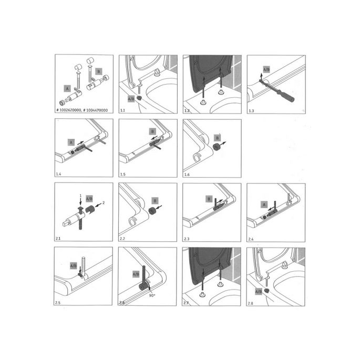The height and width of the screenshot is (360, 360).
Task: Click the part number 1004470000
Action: (96, 110)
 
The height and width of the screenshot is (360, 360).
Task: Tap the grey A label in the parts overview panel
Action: (67, 88)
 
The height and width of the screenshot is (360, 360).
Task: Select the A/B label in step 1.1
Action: (130, 98)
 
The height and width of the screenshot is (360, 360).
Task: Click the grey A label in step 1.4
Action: (71, 141)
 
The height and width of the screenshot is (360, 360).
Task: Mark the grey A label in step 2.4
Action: (265, 204)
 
